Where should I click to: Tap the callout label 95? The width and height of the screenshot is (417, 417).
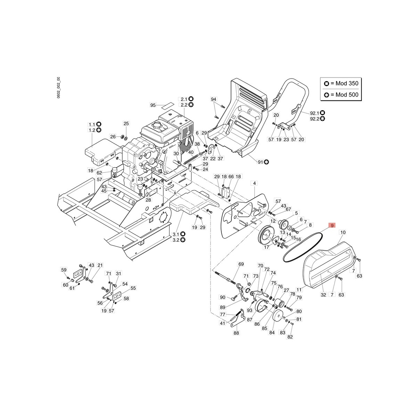(x=153, y=105)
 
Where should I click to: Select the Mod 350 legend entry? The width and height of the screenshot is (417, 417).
(x=341, y=83)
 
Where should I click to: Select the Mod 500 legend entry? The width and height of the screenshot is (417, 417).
(x=341, y=95)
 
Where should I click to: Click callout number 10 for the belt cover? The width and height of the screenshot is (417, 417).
(x=343, y=232)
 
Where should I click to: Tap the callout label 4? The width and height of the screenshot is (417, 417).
(x=254, y=183)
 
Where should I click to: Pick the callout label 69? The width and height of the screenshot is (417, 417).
(x=241, y=264)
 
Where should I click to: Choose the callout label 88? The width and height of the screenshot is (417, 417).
(x=236, y=333)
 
